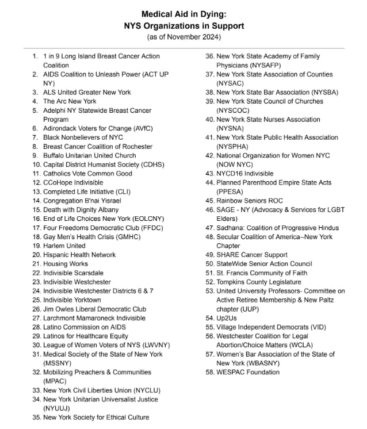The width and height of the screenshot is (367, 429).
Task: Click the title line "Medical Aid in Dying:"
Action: pyautogui.click(x=183, y=14)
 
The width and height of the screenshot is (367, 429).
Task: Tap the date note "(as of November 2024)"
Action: pyautogui.click(x=183, y=37)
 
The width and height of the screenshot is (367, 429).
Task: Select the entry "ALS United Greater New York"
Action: pyautogui.click(x=87, y=92)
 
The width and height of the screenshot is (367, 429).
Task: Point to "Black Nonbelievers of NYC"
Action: pyautogui.click(x=83, y=137)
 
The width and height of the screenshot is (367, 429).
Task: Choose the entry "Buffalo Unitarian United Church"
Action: pyautogui.click(x=90, y=155)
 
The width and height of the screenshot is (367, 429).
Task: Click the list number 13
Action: pyautogui.click(x=36, y=191)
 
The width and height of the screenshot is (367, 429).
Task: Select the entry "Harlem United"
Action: pyautogui.click(x=64, y=246)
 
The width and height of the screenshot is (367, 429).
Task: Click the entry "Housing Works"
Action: pyautogui.click(x=65, y=263)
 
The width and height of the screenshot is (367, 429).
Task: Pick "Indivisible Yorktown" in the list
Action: pyautogui.click(x=72, y=300)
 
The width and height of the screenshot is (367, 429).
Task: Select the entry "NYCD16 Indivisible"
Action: pyautogui.click(x=245, y=173)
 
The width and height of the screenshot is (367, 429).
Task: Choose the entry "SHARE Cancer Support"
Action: pyautogui.click(x=252, y=255)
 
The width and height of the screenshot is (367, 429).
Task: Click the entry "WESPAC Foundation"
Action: pyautogui.click(x=248, y=372)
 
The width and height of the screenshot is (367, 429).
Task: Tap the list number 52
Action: pyautogui.click(x=210, y=282)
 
